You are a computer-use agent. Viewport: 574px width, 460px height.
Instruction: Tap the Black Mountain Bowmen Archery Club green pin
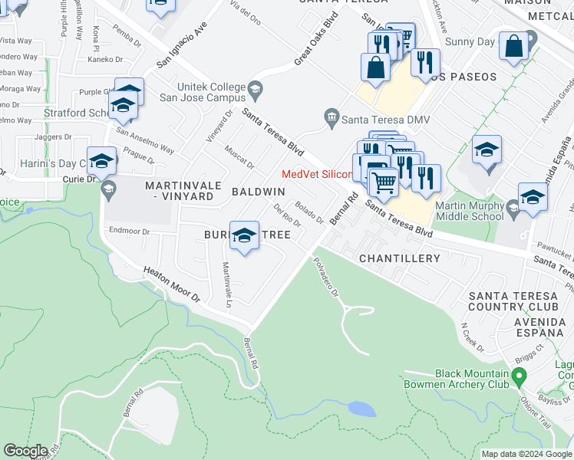pos(519,377)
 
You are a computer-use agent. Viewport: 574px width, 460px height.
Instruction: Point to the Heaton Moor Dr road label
pos(171,284)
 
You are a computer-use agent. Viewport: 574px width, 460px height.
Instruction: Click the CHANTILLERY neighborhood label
pos(400,258)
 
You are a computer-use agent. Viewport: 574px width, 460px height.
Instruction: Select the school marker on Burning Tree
pos(245,236)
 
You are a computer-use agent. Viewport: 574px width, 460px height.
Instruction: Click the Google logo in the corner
pos(25,451)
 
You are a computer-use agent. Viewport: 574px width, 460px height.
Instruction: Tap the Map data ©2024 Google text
pos(526,454)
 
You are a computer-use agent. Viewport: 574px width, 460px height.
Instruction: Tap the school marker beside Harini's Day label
pos(101,162)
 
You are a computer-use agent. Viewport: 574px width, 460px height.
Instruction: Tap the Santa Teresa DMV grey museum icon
pos(332,117)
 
